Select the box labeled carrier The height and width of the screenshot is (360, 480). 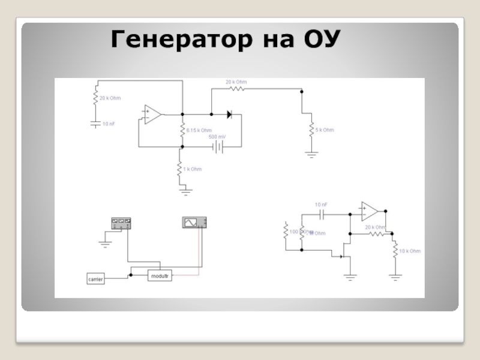tap(95, 279)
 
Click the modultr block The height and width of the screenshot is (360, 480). tap(160, 276)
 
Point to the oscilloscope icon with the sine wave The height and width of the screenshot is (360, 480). tap(194, 223)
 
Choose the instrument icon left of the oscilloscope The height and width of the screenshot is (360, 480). tap(121, 223)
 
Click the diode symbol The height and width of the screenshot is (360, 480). tap(229, 113)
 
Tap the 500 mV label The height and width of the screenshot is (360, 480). tap(217, 137)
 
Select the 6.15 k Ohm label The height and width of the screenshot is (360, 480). tap(199, 130)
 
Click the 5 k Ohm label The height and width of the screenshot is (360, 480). tap(325, 130)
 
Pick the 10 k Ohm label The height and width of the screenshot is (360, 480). tap(409, 250)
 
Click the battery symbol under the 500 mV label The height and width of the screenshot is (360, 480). tap(218, 146)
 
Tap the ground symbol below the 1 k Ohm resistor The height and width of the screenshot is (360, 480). tap(185, 191)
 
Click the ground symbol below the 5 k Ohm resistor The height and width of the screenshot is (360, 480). tap(311, 154)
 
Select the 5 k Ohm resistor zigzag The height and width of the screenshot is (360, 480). tap(311, 130)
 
